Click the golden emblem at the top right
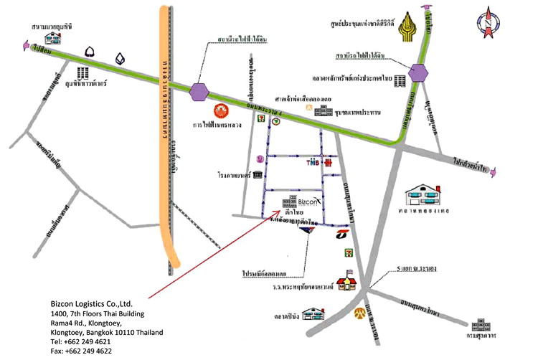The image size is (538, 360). click(x=408, y=24)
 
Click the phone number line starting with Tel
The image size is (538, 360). click(x=81, y=342)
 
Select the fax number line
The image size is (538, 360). click(x=81, y=351)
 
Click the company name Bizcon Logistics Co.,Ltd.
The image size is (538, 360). click(x=92, y=304)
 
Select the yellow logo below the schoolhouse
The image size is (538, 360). click(x=351, y=313)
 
